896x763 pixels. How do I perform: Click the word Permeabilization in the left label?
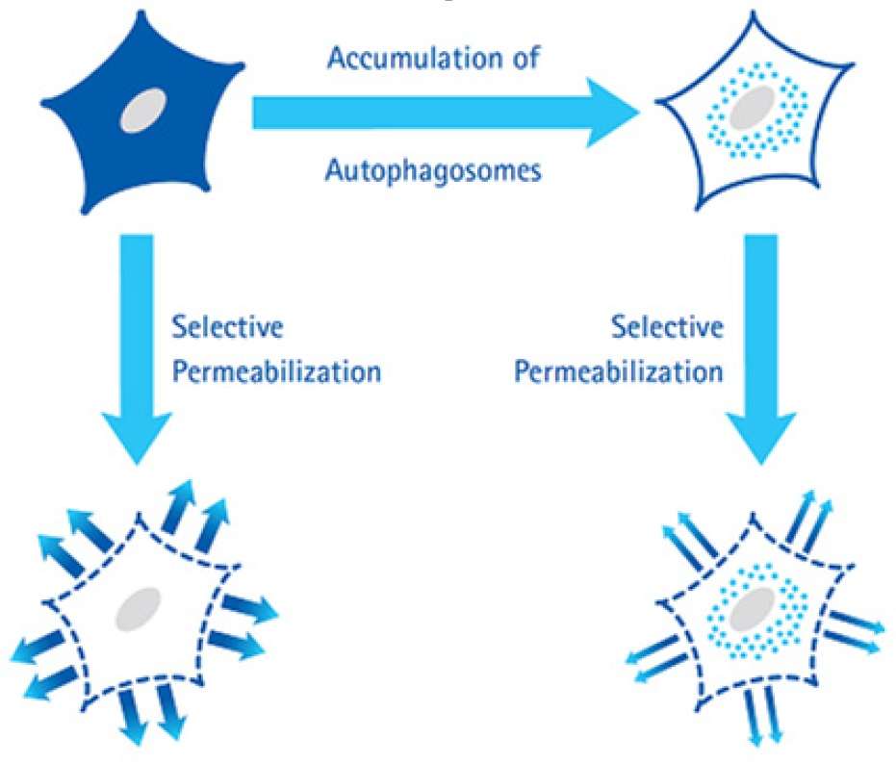click(275, 371)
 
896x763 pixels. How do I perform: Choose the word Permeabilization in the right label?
click(618, 371)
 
